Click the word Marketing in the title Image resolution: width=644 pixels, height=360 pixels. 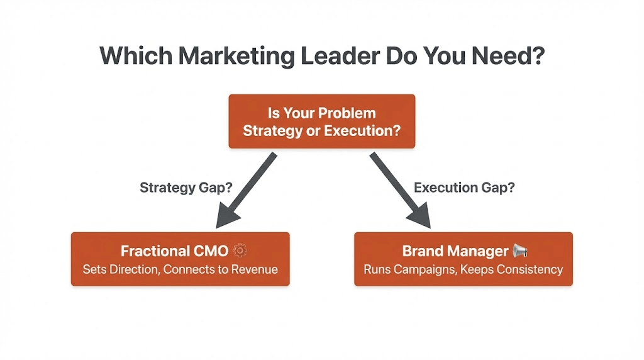coord(235,57)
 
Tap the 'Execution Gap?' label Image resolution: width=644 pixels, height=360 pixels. coord(464,188)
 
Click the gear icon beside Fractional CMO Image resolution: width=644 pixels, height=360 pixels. coord(240,251)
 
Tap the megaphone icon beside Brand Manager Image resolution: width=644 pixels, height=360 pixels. coord(520,251)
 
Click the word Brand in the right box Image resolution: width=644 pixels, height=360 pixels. coord(422,251)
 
